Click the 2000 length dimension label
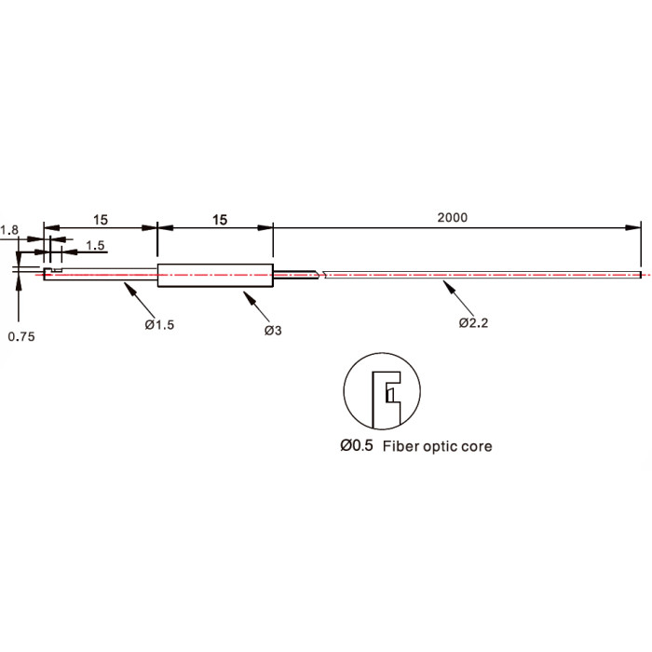tap(452, 217)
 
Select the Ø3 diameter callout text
tap(273, 331)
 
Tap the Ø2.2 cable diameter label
tap(473, 322)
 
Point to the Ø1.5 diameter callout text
tap(159, 325)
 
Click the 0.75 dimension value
tap(21, 336)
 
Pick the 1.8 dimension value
tap(9, 230)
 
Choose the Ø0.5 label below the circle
tap(357, 446)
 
